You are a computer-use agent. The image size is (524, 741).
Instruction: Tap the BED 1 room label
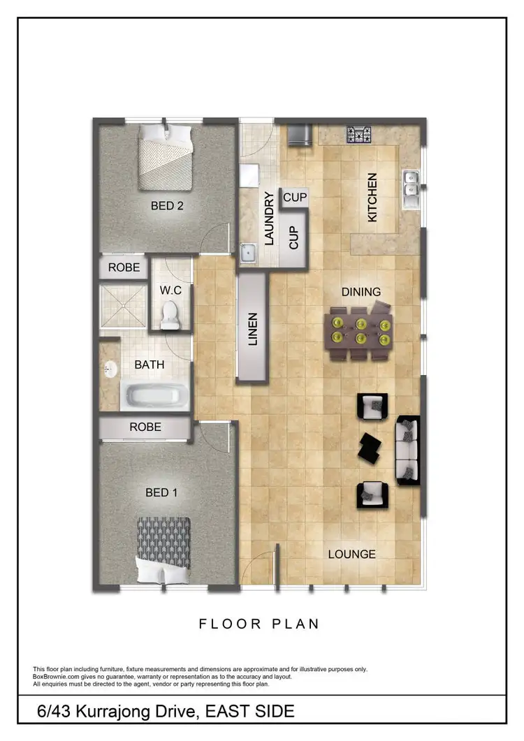[x=161, y=492]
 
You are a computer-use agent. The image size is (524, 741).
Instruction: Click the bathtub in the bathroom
[x=155, y=397]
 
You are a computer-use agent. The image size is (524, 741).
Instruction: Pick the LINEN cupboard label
[x=253, y=328]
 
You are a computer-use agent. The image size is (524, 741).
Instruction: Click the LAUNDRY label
[x=268, y=218]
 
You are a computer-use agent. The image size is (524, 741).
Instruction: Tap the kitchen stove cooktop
[x=359, y=133]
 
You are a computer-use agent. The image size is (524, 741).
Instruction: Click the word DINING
[x=361, y=291]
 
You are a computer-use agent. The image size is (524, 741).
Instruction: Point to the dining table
[x=361, y=330]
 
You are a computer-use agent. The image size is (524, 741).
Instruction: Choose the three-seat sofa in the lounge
[x=407, y=450]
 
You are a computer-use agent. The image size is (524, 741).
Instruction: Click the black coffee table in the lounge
[x=370, y=447]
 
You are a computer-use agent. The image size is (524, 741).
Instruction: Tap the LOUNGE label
[x=352, y=555]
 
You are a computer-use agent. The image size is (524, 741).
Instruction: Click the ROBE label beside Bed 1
[x=145, y=427]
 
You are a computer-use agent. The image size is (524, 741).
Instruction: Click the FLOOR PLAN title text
[x=259, y=624]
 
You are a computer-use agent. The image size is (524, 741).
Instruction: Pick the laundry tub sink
[x=247, y=252]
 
